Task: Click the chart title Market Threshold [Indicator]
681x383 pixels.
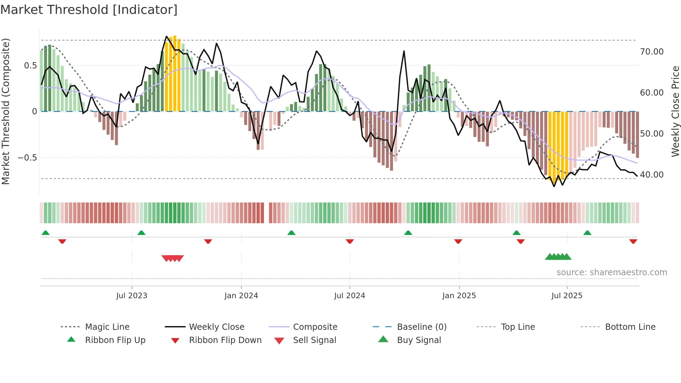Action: (x=89, y=10)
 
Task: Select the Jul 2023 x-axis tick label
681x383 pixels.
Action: (x=132, y=296)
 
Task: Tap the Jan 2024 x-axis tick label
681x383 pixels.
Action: (x=241, y=296)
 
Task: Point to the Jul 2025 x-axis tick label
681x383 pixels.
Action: (x=567, y=296)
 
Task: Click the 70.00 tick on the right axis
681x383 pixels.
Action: (x=651, y=52)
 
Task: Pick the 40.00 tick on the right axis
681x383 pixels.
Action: (x=651, y=175)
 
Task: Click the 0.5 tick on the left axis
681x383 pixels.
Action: (x=30, y=66)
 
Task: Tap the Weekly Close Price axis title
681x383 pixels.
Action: (x=675, y=111)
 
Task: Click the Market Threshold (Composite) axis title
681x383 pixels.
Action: (x=6, y=111)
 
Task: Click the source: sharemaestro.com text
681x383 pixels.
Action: (x=612, y=272)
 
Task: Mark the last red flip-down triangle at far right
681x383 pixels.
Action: (x=633, y=241)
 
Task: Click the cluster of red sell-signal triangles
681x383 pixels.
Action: (x=173, y=258)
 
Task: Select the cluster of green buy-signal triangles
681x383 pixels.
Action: (x=558, y=257)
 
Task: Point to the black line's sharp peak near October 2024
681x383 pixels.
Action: (x=404, y=51)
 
